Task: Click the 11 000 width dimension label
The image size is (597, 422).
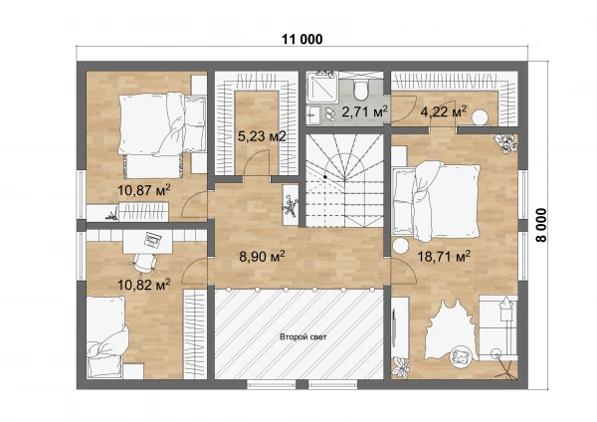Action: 301,39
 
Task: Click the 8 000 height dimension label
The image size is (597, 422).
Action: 540,225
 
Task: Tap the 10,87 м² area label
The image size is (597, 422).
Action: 143,190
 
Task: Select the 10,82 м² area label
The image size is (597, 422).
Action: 143,284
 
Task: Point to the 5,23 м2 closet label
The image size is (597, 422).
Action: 262,136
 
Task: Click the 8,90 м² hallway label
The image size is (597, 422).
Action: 262,257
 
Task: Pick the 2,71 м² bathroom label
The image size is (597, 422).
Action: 365,111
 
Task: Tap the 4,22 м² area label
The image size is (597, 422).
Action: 444,112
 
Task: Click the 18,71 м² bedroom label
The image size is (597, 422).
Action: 444,257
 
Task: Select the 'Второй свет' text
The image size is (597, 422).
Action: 303,336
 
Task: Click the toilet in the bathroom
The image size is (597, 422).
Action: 360,89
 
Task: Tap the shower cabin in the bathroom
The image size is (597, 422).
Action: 322,88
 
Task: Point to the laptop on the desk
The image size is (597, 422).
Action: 153,240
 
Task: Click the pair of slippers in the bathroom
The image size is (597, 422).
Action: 329,113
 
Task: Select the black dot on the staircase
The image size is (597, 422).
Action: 325,177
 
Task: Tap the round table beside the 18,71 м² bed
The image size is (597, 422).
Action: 401,245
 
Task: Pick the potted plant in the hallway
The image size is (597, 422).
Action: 290,206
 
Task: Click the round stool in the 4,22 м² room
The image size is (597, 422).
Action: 480,116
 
